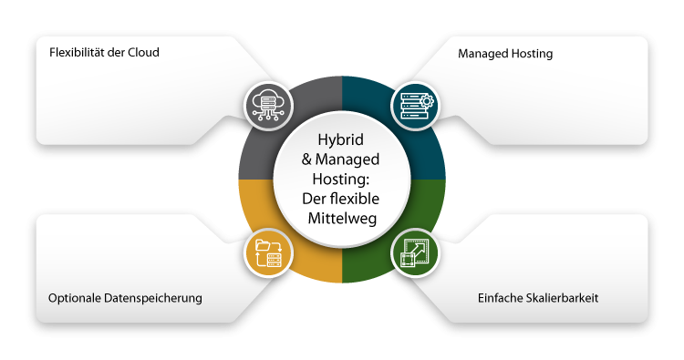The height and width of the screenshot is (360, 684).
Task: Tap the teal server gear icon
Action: point(415,106)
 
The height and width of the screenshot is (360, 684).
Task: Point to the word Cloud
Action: point(143,52)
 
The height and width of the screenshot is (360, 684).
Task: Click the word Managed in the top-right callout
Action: point(482,54)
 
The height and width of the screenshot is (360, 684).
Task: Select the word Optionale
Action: point(75,298)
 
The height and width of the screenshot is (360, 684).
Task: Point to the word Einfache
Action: point(501,298)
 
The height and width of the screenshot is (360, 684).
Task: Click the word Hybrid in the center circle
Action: point(341,142)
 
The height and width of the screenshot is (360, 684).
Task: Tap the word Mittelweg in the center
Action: point(341,219)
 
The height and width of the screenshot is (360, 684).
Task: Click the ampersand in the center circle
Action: point(306,161)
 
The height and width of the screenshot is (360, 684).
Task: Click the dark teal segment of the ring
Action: point(427,146)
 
